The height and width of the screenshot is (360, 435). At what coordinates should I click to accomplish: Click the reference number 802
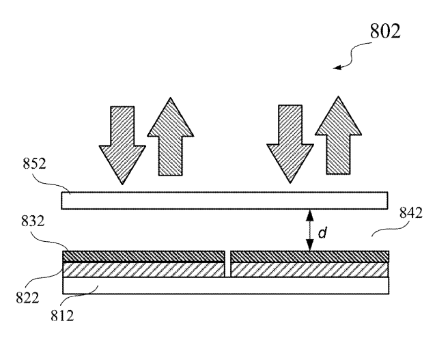point(385,31)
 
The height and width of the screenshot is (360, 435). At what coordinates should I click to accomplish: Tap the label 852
point(34,163)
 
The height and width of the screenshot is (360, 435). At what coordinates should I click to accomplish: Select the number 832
point(33,221)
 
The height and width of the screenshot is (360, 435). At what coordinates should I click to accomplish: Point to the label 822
point(27,298)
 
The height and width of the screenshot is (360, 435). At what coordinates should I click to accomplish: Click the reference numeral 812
point(62,316)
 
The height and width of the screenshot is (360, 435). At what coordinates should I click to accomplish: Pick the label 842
point(411,213)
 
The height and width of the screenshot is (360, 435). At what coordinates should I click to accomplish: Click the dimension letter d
point(322,232)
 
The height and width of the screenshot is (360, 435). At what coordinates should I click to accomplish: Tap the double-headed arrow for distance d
point(309,230)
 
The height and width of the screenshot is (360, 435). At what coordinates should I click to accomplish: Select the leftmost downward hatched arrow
point(122,146)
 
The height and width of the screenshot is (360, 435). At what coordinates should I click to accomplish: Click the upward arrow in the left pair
point(170,137)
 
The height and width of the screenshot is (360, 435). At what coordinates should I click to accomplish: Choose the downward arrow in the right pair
point(290,144)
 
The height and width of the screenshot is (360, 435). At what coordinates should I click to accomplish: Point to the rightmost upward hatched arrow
point(338,135)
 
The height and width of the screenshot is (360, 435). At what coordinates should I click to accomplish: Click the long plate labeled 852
point(225,200)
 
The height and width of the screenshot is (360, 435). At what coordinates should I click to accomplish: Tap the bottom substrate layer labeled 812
point(225,286)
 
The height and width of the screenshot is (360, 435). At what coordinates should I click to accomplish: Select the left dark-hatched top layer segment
point(143,256)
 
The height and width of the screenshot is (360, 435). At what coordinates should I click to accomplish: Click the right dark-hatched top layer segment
point(309,256)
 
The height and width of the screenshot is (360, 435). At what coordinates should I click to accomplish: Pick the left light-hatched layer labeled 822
point(143,270)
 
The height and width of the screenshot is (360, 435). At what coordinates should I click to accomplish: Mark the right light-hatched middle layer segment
point(309,270)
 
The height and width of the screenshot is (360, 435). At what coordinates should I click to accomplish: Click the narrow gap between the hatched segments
point(228,264)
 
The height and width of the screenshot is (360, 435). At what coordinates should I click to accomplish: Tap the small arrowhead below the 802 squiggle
point(337,68)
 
